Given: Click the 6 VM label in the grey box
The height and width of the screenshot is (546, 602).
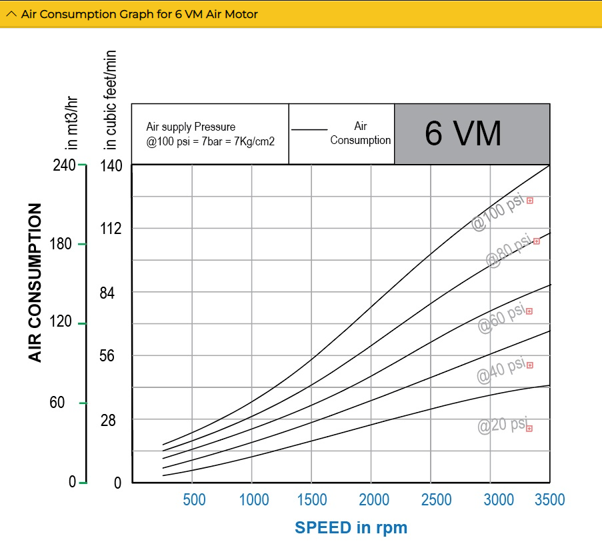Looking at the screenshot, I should coord(463,134).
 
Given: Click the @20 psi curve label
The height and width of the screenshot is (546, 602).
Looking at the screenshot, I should coord(502,425).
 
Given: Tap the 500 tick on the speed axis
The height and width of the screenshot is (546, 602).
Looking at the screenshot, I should coord(194,499).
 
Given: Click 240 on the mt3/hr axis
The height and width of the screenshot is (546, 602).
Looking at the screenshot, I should coord(64,165).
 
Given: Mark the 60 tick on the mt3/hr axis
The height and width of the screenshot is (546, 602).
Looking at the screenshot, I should coord(57,403).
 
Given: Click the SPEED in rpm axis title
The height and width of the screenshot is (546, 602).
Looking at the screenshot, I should coord(351,527).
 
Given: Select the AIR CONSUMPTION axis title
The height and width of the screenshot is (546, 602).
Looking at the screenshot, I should coord(35,283).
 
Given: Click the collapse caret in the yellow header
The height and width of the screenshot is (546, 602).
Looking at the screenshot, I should coord(11,14).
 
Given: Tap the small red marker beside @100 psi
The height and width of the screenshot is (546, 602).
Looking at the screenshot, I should coord(530,200).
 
